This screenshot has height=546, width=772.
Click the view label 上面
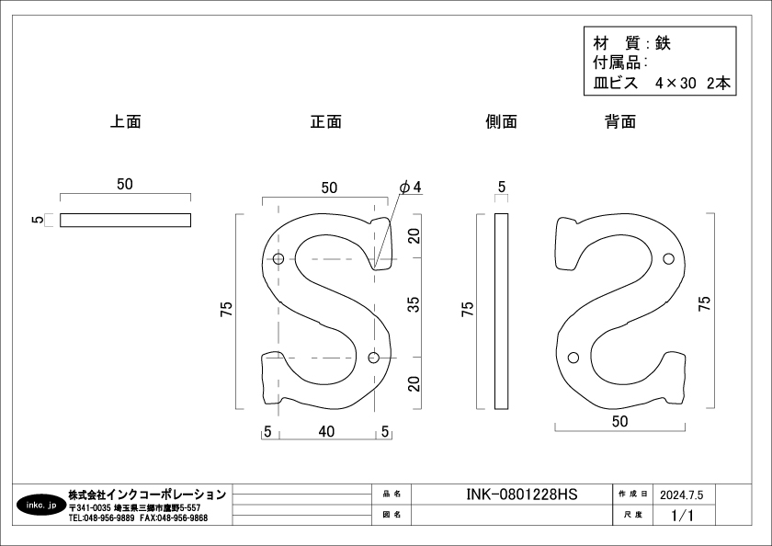pyautogui.click(x=126, y=121)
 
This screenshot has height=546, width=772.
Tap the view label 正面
pyautogui.click(x=326, y=121)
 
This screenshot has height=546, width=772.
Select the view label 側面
pyautogui.click(x=501, y=121)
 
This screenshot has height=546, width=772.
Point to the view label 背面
pyautogui.click(x=620, y=121)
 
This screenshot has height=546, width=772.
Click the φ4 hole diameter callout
pyautogui.click(x=411, y=188)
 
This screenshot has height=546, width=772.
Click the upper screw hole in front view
pyautogui.click(x=278, y=259)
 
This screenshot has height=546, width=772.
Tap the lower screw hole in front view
pyautogui.click(x=374, y=358)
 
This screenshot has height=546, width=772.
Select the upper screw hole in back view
pyautogui.click(x=668, y=258)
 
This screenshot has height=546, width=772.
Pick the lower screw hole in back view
pyautogui.click(x=573, y=358)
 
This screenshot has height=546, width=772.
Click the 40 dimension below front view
pyautogui.click(x=326, y=432)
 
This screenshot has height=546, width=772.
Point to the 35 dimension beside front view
pyautogui.click(x=414, y=304)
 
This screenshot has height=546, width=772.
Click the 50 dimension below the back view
pyautogui.click(x=619, y=421)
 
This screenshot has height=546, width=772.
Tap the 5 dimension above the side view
pyautogui.click(x=502, y=188)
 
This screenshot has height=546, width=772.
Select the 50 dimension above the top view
pyautogui.click(x=125, y=184)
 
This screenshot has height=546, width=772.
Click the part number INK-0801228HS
pyautogui.click(x=521, y=495)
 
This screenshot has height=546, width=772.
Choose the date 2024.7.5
pyautogui.click(x=681, y=495)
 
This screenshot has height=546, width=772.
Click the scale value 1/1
pyautogui.click(x=682, y=516)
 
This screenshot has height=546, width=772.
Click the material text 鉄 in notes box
pyautogui.click(x=663, y=44)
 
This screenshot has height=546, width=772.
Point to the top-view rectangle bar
pyautogui.click(x=126, y=220)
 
